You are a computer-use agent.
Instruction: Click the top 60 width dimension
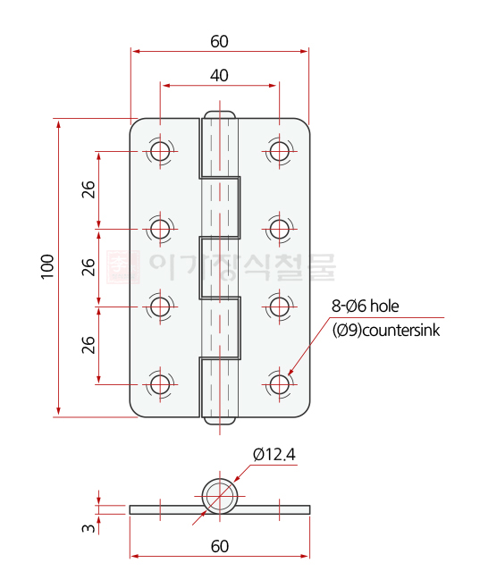click(219, 41)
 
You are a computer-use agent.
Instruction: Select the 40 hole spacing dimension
click(219, 76)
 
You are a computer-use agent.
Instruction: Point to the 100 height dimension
click(47, 266)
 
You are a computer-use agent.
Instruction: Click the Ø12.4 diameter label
click(274, 454)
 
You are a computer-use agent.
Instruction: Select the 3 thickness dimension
click(88, 528)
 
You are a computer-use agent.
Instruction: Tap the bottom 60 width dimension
click(219, 545)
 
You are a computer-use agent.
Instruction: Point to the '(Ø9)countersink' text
click(386, 330)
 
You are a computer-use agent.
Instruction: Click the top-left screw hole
click(160, 151)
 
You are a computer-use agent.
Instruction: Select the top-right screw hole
click(280, 151)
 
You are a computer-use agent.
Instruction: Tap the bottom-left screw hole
click(160, 384)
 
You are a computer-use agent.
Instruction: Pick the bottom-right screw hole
click(280, 384)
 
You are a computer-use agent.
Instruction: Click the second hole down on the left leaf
click(160, 229)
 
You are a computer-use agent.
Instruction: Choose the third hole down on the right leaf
click(280, 307)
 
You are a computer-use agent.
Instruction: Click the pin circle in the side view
click(219, 495)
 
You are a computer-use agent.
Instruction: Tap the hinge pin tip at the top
click(220, 115)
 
